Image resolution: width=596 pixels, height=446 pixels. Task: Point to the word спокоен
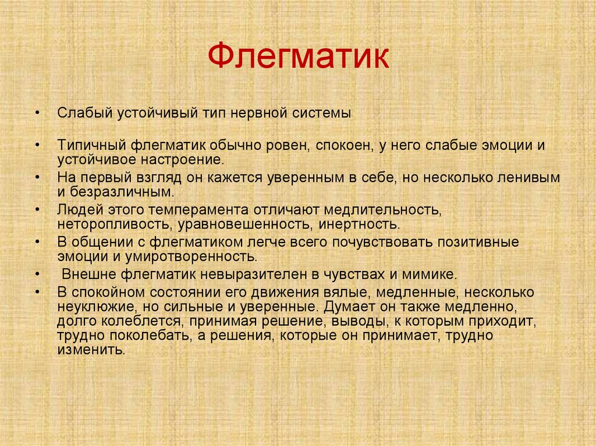(344, 145)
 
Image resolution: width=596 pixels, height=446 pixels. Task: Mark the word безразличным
(118, 191)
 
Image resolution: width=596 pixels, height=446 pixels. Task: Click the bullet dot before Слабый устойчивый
(37, 113)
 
